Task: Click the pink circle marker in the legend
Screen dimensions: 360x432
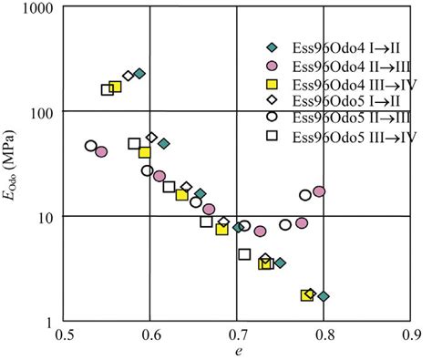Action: click(x=271, y=66)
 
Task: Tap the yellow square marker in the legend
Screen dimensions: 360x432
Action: click(x=271, y=84)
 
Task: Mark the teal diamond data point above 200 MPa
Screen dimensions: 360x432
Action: click(x=139, y=73)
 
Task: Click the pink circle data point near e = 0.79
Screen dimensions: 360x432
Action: click(x=319, y=191)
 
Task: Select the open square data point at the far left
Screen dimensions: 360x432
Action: click(x=108, y=89)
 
